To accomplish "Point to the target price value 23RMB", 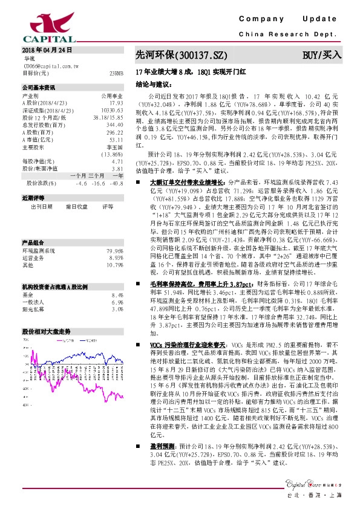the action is [x=117, y=73].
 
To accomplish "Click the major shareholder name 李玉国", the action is [x=116, y=148].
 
